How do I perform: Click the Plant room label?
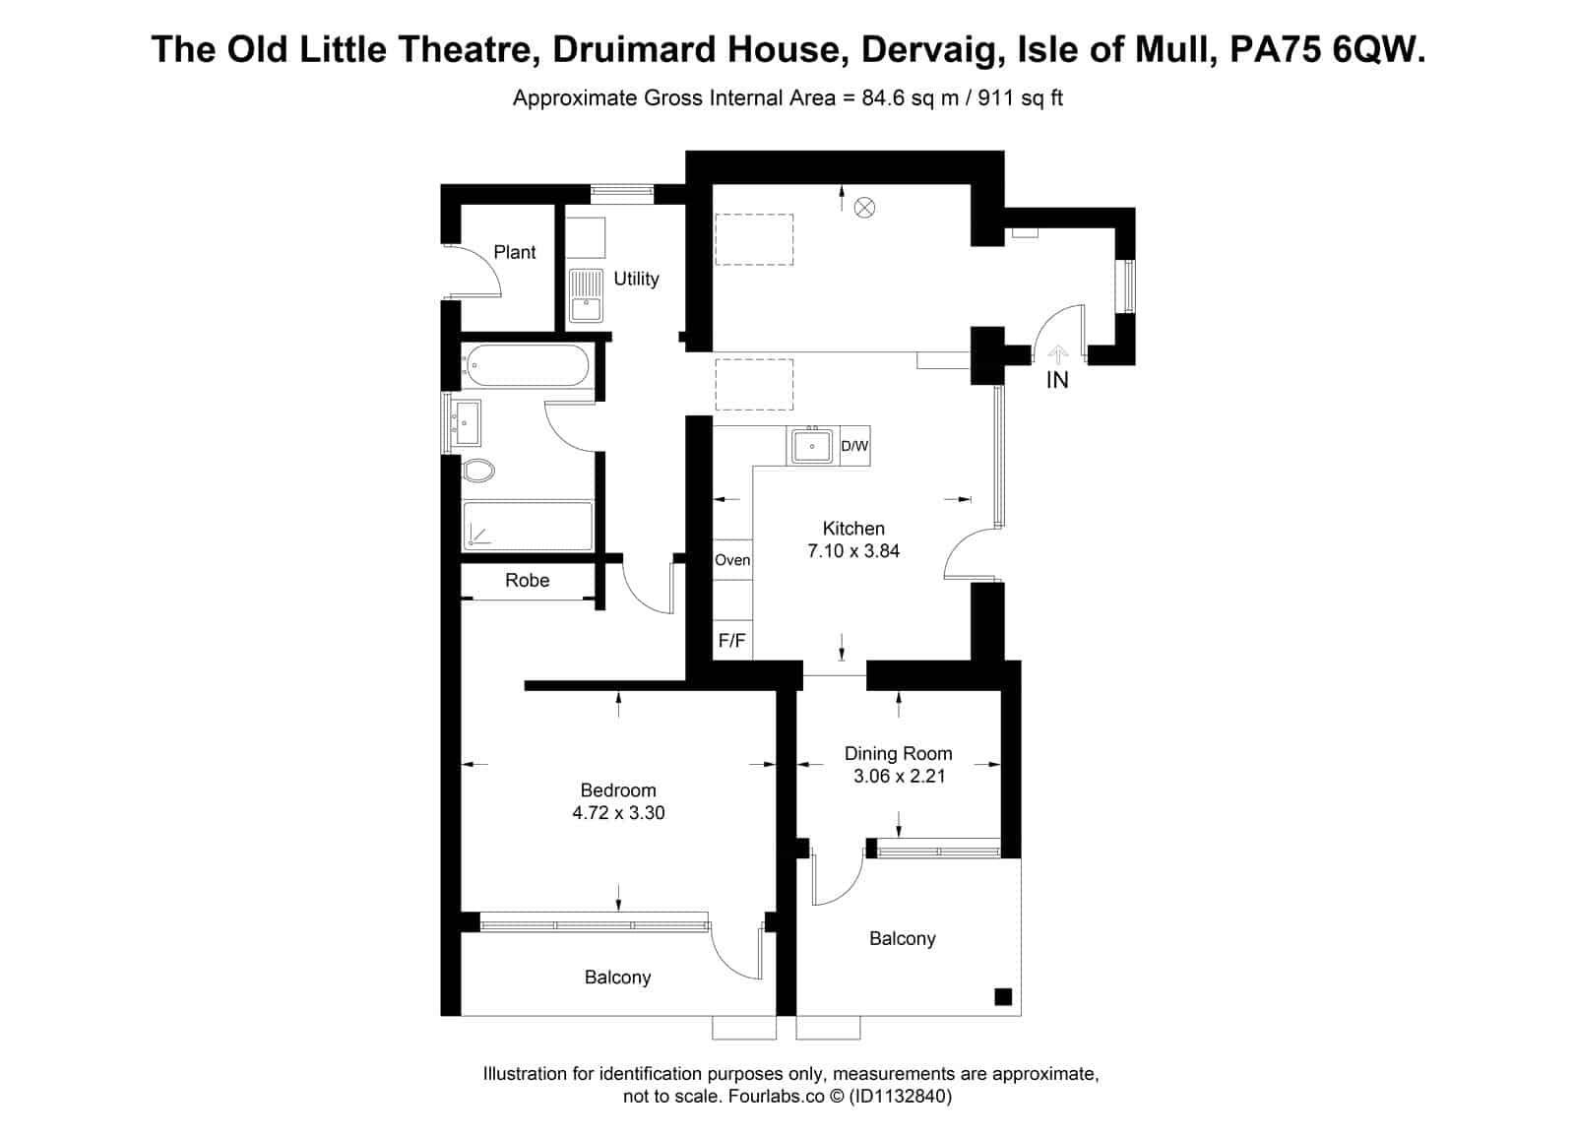click(514, 252)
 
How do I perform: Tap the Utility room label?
click(636, 279)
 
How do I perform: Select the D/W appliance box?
click(855, 446)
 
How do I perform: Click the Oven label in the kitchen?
click(732, 560)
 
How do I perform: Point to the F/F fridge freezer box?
click(732, 640)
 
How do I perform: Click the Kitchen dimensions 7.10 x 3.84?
click(852, 550)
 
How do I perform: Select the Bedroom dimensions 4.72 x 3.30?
click(618, 812)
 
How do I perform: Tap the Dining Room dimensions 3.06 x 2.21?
click(899, 776)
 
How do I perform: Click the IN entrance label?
click(1057, 380)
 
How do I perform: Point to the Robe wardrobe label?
click(528, 580)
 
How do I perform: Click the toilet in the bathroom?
click(478, 471)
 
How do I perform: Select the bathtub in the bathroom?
click(527, 365)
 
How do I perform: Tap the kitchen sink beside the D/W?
click(812, 446)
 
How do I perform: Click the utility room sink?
click(586, 295)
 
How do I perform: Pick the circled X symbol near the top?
click(864, 208)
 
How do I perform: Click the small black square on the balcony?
click(1003, 997)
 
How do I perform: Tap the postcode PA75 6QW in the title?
click(1328, 50)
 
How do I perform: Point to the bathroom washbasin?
click(466, 422)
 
